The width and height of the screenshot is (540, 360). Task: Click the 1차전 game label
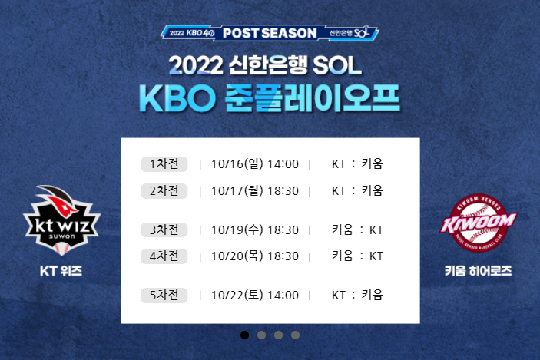pyautogui.click(x=164, y=163)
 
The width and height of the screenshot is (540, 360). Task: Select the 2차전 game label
pyautogui.click(x=164, y=190)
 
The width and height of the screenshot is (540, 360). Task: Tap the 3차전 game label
pyautogui.click(x=164, y=230)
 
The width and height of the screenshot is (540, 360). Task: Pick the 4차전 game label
pyautogui.click(x=164, y=256)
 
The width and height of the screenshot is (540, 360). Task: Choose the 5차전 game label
pyautogui.click(x=164, y=295)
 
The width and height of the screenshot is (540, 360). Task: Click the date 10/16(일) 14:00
pyautogui.click(x=253, y=163)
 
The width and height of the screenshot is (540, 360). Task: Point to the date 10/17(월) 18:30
pyautogui.click(x=253, y=190)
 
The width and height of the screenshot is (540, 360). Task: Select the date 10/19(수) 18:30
pyautogui.click(x=253, y=230)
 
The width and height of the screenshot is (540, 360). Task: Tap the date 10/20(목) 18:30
pyautogui.click(x=253, y=256)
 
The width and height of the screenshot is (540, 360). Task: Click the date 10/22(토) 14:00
pyautogui.click(x=253, y=295)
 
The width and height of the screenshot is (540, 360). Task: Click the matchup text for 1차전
pyautogui.click(x=356, y=163)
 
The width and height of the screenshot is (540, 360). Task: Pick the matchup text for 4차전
pyautogui.click(x=356, y=256)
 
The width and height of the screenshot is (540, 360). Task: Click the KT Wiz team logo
pyautogui.click(x=61, y=218)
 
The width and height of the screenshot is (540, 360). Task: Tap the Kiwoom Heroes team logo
pyautogui.click(x=478, y=223)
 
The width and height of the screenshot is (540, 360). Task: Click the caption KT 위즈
pyautogui.click(x=61, y=271)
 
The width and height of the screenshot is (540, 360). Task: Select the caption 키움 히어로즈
pyautogui.click(x=478, y=271)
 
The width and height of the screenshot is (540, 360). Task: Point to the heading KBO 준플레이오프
pyautogui.click(x=270, y=97)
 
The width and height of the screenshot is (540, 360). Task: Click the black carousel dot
pyautogui.click(x=245, y=335)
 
